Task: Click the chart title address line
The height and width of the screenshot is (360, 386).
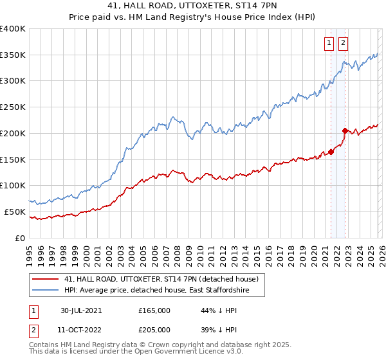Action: [193, 5]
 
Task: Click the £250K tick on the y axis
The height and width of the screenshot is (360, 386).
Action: [13, 107]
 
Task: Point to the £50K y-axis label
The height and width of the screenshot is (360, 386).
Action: [15, 212]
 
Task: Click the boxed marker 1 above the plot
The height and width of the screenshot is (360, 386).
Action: [329, 43]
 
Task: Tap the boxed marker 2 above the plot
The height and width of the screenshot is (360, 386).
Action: [343, 43]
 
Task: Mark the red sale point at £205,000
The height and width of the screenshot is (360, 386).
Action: [345, 130]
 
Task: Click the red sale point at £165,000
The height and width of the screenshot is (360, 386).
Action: [331, 152]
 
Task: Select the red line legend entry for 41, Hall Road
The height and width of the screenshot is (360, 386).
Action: [161, 279]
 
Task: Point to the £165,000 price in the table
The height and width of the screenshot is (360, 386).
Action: [154, 310]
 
